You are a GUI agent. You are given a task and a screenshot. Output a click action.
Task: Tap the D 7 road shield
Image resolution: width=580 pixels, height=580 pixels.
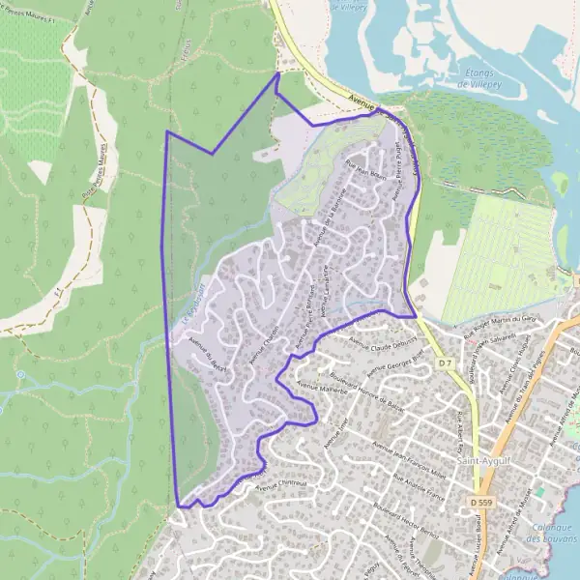pos(445,362)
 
